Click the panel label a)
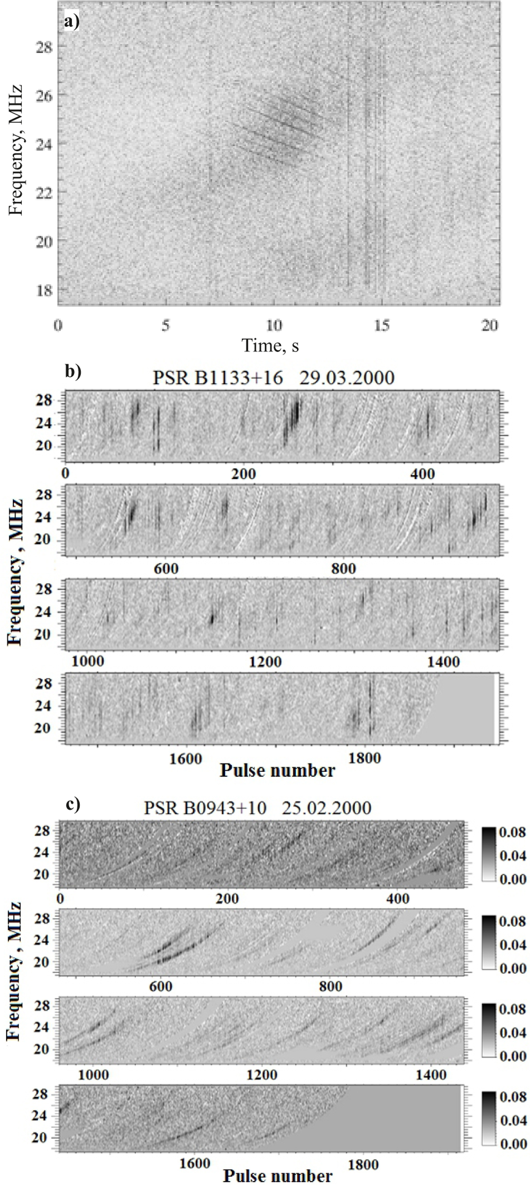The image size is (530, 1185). click(x=72, y=22)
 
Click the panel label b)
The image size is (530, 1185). click(x=72, y=371)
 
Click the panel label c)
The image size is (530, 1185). click(x=72, y=804)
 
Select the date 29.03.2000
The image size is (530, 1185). click(x=347, y=377)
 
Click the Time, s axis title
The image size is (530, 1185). click(x=270, y=346)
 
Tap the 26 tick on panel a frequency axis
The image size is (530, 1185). click(x=44, y=95)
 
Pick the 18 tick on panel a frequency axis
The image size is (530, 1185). click(x=44, y=290)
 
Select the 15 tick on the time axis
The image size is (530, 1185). click(x=382, y=325)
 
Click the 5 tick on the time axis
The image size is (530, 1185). click(x=166, y=325)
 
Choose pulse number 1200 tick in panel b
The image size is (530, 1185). click(x=265, y=662)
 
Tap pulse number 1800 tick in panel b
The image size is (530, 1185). click(x=364, y=758)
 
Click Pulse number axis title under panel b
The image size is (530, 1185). click(x=277, y=770)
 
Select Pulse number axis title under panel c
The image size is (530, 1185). click(x=278, y=1176)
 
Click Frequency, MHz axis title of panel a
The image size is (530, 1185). click(x=16, y=150)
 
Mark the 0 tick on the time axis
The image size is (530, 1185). click(x=58, y=325)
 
